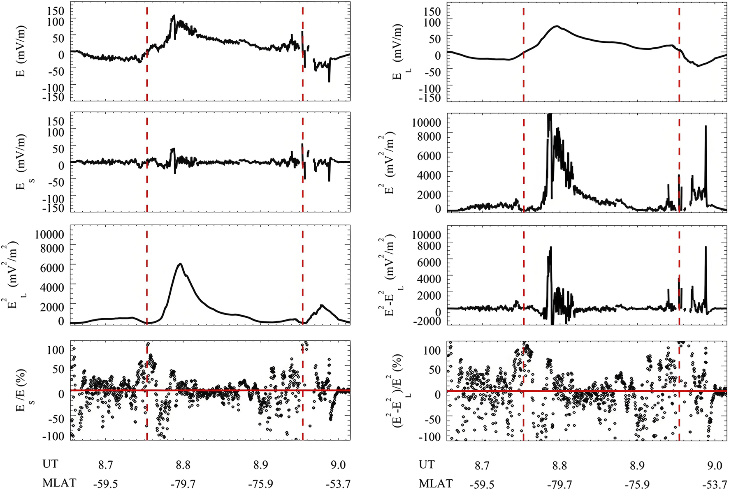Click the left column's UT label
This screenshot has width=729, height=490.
[x=50, y=464]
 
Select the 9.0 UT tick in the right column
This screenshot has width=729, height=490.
[x=715, y=465]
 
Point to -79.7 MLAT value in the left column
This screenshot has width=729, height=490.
[x=183, y=484]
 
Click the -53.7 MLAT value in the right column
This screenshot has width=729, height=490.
[x=715, y=484]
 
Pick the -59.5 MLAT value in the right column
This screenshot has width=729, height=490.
[x=482, y=484]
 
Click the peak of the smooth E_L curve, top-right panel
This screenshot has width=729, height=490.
[x=557, y=26]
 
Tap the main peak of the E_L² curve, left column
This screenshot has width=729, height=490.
[x=180, y=264]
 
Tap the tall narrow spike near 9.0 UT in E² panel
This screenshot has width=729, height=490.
[x=706, y=127]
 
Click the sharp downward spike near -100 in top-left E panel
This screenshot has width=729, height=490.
[x=329, y=80]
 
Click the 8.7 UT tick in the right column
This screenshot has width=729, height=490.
[x=482, y=465]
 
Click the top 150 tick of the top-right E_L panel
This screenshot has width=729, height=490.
[x=432, y=11]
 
